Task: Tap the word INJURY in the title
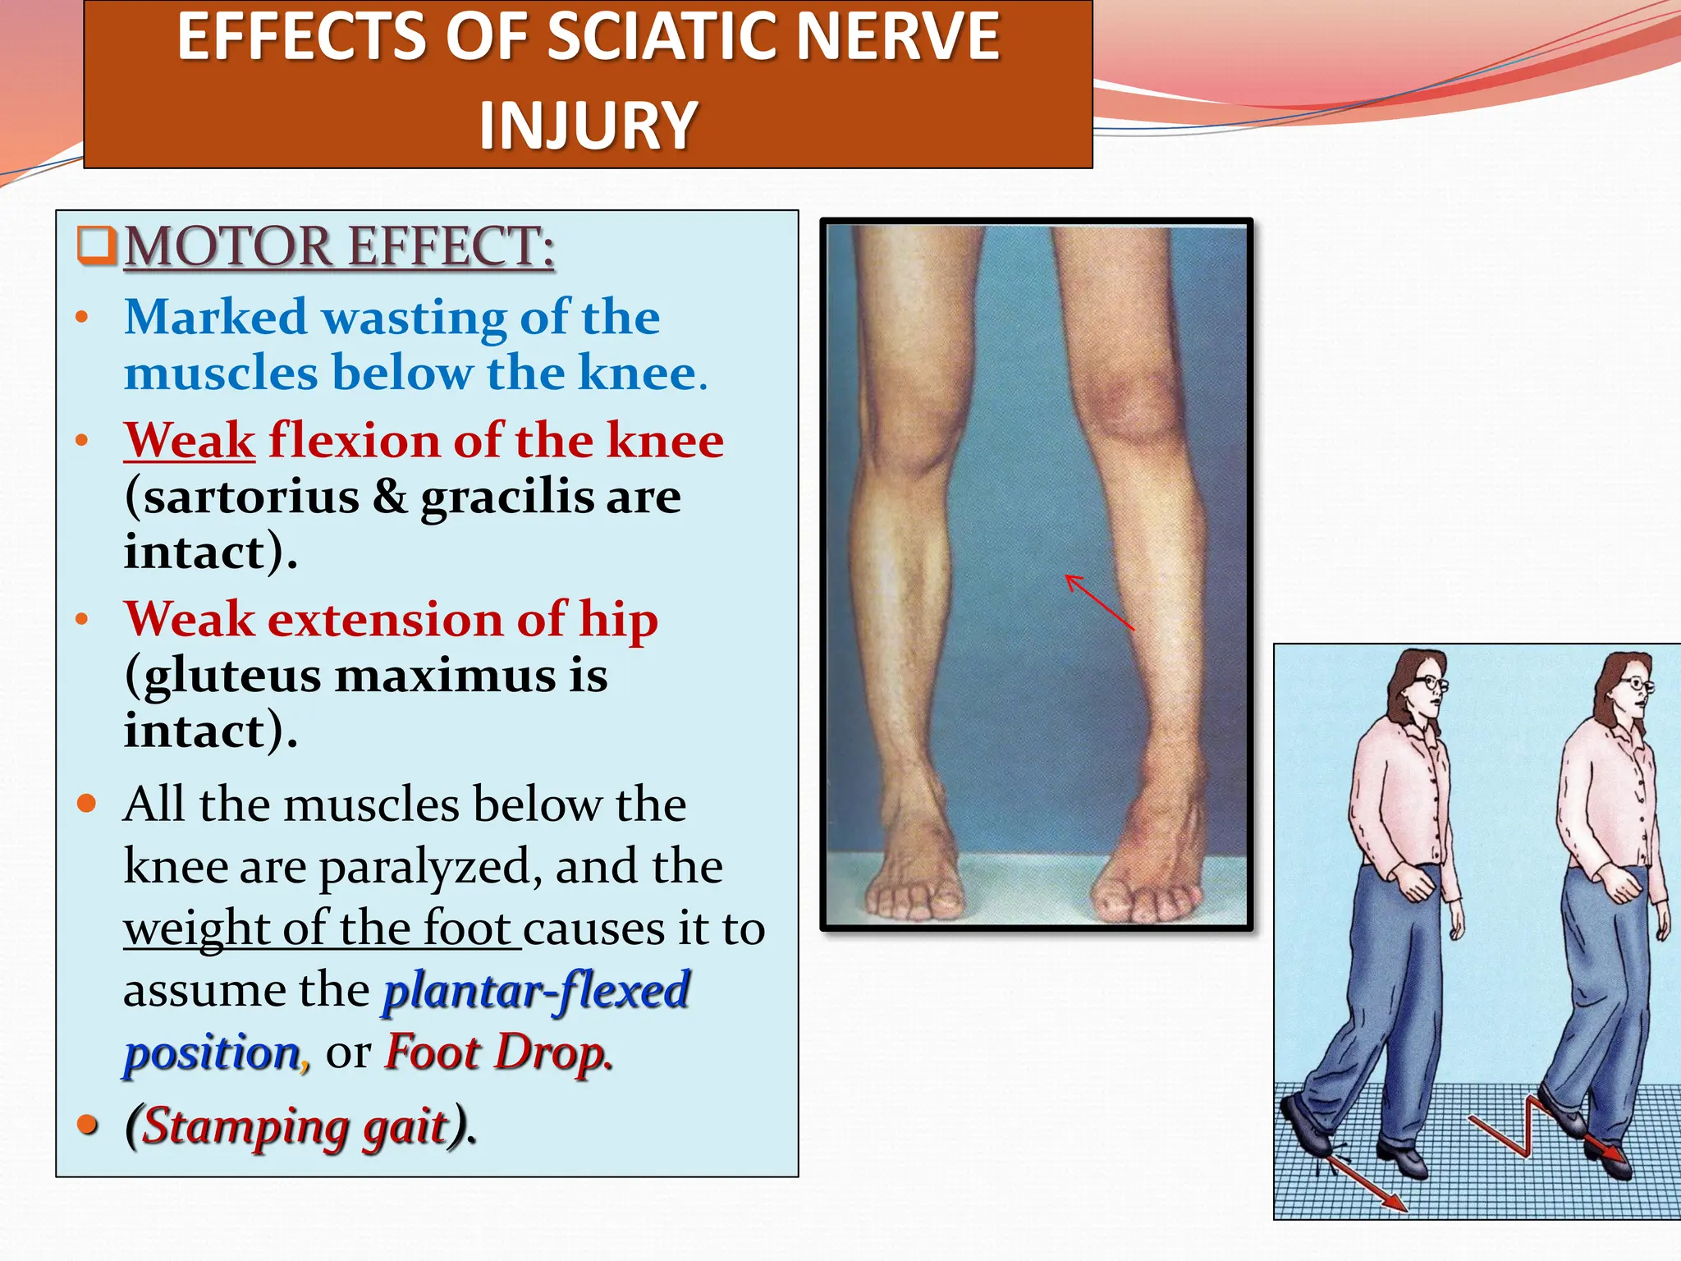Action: [588, 126]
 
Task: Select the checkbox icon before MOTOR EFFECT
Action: [97, 245]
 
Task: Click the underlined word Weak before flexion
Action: [190, 441]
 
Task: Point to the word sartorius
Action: [252, 497]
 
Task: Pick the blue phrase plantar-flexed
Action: [536, 990]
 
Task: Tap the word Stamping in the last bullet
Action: [245, 1126]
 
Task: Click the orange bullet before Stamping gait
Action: [87, 1124]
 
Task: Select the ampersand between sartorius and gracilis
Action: [390, 497]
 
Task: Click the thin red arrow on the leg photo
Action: [1099, 602]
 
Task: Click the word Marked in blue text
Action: [215, 318]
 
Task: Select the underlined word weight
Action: [196, 929]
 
